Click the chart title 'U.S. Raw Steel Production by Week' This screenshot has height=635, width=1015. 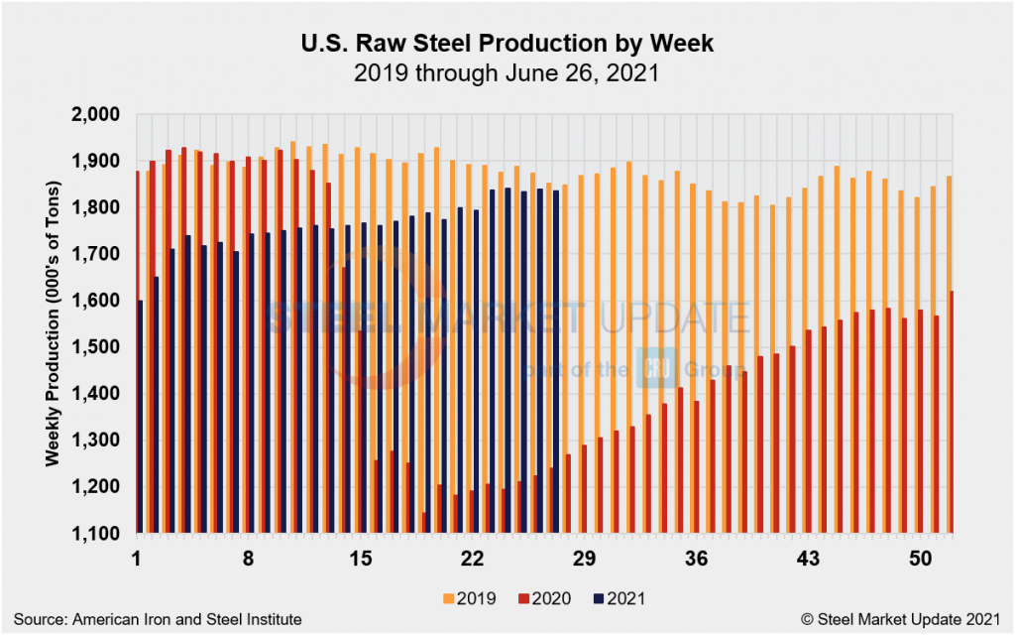point(507,44)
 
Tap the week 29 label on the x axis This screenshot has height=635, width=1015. point(584,559)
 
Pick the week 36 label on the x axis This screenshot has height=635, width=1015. point(697,559)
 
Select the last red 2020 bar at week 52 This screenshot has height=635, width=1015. point(953,412)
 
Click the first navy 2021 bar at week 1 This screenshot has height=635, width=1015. point(141,417)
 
